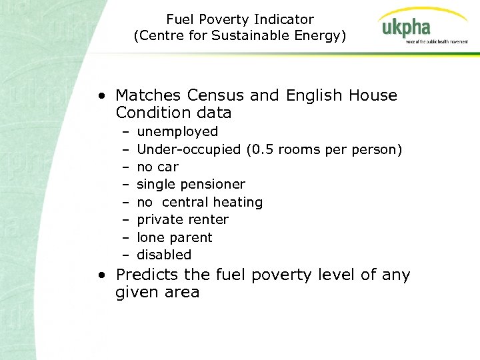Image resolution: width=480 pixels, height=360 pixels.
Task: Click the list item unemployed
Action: (177, 131)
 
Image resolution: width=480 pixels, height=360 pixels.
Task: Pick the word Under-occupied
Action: (189, 149)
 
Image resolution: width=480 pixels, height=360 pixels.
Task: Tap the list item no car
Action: (157, 167)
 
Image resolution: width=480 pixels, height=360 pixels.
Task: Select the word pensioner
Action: (213, 184)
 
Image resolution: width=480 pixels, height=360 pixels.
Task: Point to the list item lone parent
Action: (174, 237)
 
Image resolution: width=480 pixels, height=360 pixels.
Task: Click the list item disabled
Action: (163, 255)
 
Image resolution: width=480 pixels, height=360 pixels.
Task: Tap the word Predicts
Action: (145, 275)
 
